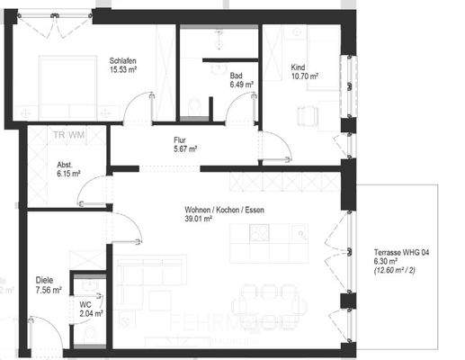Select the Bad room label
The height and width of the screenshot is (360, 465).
pyautogui.click(x=236, y=75)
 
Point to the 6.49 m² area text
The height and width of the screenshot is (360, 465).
pyautogui.click(x=240, y=85)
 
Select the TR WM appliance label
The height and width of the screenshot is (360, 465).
pyautogui.click(x=68, y=135)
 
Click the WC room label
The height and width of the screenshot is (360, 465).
pyautogui.click(x=85, y=304)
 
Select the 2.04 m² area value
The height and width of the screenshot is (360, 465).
pyautogui.click(x=91, y=314)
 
